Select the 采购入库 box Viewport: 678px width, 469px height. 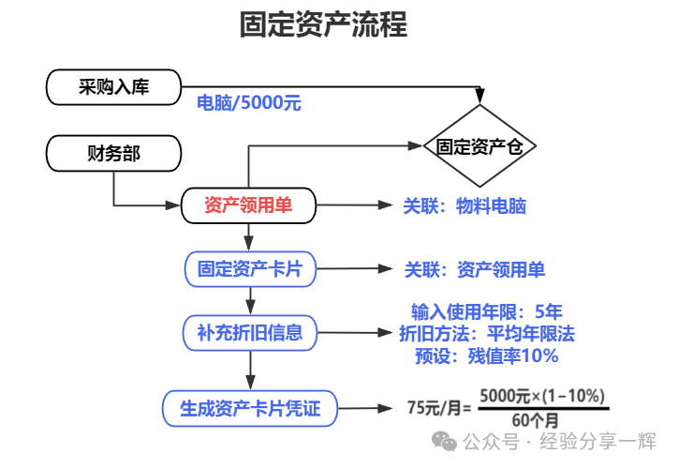(x=112, y=88)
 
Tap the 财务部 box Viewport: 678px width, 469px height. (x=112, y=154)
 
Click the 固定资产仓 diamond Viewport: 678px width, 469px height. (x=480, y=146)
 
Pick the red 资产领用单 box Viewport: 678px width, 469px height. (x=248, y=205)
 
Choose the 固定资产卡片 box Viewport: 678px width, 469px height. (x=250, y=269)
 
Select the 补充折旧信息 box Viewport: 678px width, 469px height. (x=250, y=331)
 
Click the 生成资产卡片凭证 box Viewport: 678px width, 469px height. (x=249, y=408)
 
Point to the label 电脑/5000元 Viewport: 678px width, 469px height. (x=248, y=103)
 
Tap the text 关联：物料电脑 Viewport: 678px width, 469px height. (x=464, y=206)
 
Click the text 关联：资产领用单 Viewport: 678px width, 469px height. (x=474, y=270)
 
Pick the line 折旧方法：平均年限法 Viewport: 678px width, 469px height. (x=486, y=334)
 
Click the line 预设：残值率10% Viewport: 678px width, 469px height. (x=486, y=356)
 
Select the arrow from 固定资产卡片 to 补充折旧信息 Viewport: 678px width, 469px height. (x=250, y=300)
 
